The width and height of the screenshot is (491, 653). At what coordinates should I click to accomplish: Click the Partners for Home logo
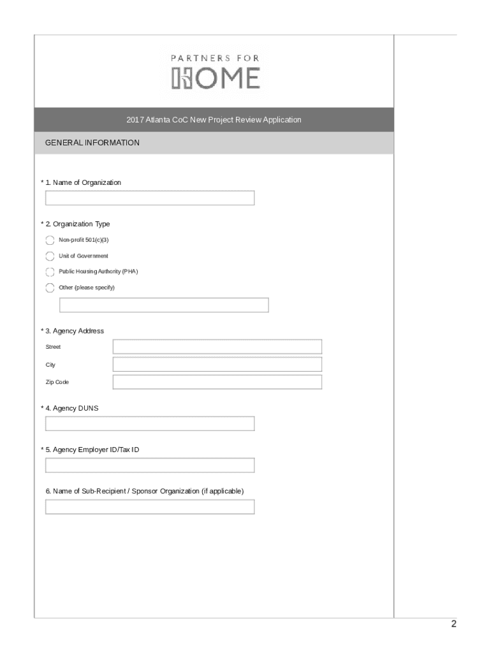215,71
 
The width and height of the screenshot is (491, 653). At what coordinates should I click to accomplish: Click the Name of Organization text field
150,198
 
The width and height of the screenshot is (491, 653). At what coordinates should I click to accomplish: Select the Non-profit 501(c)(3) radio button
50,240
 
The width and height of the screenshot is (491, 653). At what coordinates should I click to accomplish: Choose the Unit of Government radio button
50,256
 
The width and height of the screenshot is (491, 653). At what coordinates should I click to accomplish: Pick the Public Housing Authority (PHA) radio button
50,272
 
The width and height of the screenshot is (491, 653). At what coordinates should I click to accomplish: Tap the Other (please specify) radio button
50,288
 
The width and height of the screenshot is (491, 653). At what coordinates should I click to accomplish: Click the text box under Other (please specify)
164,305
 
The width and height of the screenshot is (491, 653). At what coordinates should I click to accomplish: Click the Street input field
217,346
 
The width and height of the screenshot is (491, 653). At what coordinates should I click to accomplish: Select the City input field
217,364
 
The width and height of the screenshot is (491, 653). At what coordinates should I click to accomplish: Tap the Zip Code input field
217,382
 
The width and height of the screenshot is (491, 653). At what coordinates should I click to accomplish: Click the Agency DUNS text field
150,423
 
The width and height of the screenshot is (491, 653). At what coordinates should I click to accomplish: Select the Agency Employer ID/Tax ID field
150,465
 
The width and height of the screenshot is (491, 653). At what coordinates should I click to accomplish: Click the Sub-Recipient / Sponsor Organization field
150,506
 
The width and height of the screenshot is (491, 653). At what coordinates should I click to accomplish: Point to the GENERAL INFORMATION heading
92,143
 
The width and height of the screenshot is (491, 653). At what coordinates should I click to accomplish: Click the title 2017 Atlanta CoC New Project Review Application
214,120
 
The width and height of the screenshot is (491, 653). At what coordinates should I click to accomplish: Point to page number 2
453,624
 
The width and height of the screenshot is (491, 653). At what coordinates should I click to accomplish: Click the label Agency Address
78,331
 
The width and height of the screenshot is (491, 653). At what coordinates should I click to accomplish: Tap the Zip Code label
57,382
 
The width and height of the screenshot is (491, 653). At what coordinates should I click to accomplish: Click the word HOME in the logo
216,78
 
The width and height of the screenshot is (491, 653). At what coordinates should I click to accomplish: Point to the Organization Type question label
81,224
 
